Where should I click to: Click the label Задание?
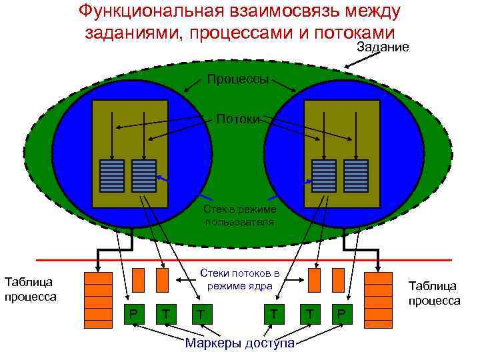(x=383, y=47)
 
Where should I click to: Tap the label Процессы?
(x=238, y=79)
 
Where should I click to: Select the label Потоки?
(x=238, y=119)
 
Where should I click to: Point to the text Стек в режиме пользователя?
(x=238, y=216)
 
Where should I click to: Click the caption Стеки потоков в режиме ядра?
(x=239, y=279)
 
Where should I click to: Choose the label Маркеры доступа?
(x=239, y=343)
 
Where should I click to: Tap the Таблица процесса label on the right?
(x=434, y=293)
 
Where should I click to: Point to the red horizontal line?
(x=240, y=259)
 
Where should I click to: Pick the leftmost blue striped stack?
(x=111, y=175)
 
